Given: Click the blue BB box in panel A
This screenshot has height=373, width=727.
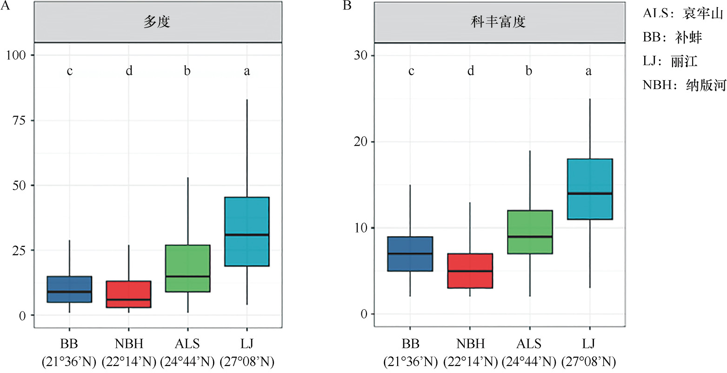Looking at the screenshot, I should (x=69, y=289).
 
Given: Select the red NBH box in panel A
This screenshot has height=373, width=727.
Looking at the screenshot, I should (x=129, y=294).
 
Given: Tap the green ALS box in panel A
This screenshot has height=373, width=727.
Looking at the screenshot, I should (x=188, y=268).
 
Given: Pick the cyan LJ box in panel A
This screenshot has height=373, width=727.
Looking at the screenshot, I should (x=247, y=231).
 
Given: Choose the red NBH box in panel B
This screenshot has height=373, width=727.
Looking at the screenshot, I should (x=470, y=271).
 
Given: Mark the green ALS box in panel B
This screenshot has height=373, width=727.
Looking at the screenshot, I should (x=529, y=232).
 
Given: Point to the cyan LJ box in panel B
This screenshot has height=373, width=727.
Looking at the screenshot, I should (x=589, y=189).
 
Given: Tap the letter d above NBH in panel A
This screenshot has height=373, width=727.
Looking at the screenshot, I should (x=129, y=71).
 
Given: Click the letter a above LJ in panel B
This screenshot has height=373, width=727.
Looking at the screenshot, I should (x=589, y=71).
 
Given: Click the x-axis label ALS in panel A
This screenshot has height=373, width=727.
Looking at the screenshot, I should (x=187, y=344).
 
